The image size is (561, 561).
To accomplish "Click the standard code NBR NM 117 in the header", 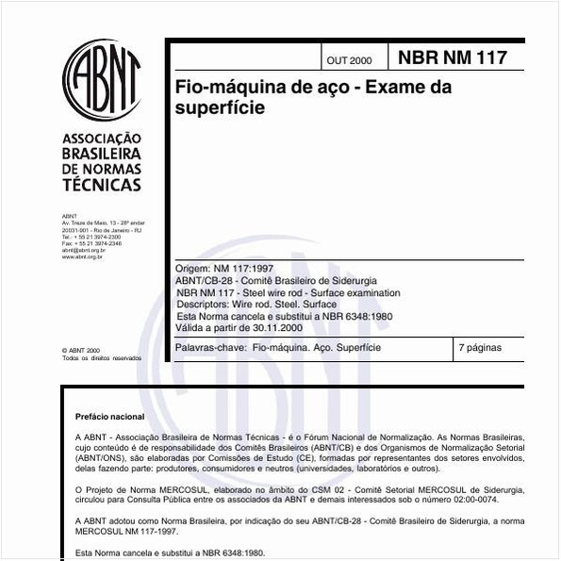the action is [x=453, y=58].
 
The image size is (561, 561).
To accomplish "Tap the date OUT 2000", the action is [x=349, y=60].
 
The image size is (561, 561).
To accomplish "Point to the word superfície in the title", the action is [x=220, y=107].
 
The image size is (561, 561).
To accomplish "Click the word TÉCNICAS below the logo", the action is [x=101, y=185].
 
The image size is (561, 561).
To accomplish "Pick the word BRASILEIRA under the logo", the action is [x=101, y=153].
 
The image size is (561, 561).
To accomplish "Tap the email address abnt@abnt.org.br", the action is [x=83, y=250].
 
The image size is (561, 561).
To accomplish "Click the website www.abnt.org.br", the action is [x=82, y=256].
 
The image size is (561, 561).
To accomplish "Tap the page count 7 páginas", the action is [x=480, y=348].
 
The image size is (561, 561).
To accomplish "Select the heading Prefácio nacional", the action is [x=109, y=416].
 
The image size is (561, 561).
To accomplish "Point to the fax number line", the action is [x=91, y=243].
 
